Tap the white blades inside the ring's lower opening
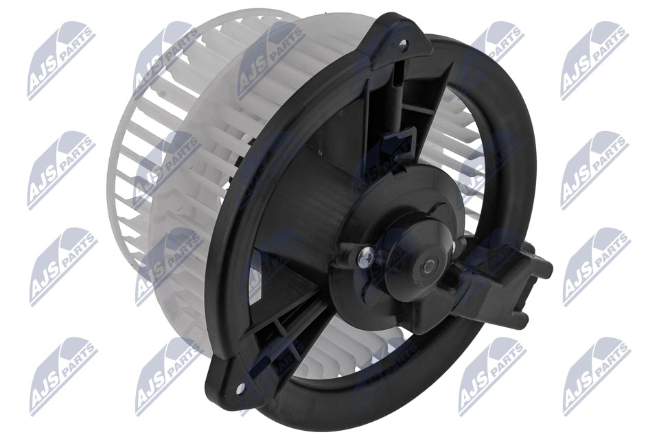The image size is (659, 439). point(357,357)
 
